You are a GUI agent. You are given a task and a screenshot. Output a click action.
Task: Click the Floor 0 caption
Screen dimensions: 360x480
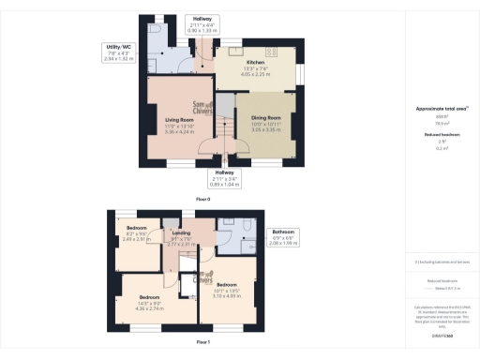tap(202, 200)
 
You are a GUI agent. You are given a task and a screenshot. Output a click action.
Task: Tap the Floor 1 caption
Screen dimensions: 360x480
tap(202, 344)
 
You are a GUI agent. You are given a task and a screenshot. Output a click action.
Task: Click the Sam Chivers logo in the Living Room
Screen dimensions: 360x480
tap(201, 109)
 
